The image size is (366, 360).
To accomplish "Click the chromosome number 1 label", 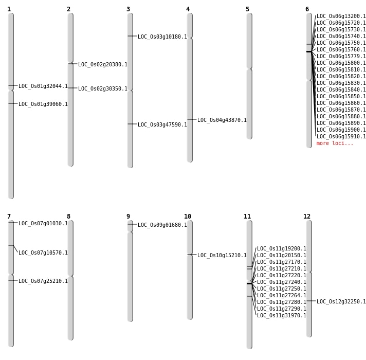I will [x=9, y=9].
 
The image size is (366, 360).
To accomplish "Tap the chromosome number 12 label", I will [x=307, y=217].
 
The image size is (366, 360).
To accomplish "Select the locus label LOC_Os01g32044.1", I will [x=43, y=86].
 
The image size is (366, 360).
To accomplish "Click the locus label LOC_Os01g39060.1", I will [x=43, y=104].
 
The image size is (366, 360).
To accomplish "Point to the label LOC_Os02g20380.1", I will [x=103, y=65].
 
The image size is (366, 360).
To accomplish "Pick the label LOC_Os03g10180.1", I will [x=162, y=37].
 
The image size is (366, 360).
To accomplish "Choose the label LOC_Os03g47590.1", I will [x=162, y=125].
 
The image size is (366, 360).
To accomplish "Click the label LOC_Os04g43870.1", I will [x=222, y=120].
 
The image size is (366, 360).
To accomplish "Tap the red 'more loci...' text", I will [x=335, y=143].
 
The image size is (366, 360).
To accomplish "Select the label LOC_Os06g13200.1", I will [x=341, y=16].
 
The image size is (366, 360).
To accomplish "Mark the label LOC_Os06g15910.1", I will [x=341, y=137].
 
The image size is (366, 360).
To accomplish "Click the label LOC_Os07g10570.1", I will [x=43, y=253].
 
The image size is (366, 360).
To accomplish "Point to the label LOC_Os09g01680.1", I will [x=162, y=225].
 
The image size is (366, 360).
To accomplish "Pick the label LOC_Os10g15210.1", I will [x=222, y=256].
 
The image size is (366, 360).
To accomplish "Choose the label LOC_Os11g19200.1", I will [x=282, y=249].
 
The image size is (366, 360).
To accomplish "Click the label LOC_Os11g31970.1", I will [x=282, y=316].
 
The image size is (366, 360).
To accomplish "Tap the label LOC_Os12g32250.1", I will [x=341, y=302].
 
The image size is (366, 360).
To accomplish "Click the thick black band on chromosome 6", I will [x=309, y=51].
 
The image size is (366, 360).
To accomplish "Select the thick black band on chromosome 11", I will [x=249, y=283].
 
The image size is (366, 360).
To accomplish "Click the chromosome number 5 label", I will [x=247, y=9].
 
